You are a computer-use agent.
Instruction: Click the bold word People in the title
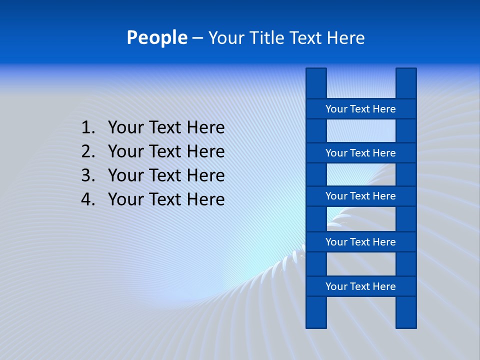[x=157, y=38]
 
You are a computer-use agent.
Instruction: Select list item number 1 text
[x=166, y=128]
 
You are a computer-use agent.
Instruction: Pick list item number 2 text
[x=166, y=151]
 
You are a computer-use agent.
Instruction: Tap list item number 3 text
[x=166, y=175]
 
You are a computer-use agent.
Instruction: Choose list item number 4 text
[x=166, y=199]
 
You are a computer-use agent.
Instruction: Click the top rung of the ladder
[x=360, y=109]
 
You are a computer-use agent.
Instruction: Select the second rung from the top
[x=360, y=153]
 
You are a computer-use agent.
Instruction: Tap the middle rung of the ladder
[x=360, y=196]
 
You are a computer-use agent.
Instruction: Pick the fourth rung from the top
[x=360, y=242]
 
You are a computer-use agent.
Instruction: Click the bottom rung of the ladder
[x=360, y=286]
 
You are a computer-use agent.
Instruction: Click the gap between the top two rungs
[x=360, y=131]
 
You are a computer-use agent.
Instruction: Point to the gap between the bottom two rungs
[x=360, y=264]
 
